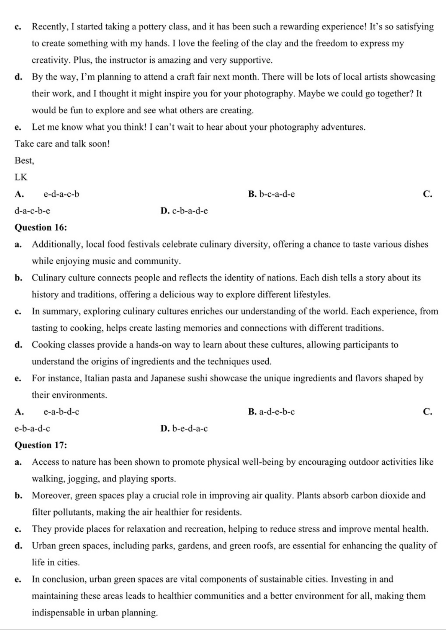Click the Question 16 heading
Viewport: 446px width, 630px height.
point(41,227)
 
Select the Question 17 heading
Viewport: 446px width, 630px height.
point(41,445)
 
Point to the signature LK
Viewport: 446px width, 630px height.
point(21,177)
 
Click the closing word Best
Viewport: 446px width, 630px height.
point(24,160)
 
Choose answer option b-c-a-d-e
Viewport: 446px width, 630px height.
point(277,194)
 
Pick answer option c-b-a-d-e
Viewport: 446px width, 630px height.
point(190,211)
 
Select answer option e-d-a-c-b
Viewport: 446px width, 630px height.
point(61,194)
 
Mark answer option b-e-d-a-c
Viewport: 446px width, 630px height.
point(190,428)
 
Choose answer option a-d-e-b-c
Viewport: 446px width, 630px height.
point(277,412)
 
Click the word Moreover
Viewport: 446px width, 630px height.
point(52,495)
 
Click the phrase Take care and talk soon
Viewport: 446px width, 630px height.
point(62,144)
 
